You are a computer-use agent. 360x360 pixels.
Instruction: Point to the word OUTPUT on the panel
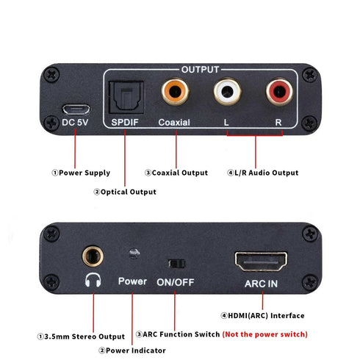pos(200,69)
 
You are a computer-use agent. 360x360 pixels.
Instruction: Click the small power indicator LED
pos(134,254)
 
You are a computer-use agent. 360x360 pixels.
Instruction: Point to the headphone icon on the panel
pos(93,281)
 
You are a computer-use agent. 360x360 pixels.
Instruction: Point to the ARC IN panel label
pos(261,281)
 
